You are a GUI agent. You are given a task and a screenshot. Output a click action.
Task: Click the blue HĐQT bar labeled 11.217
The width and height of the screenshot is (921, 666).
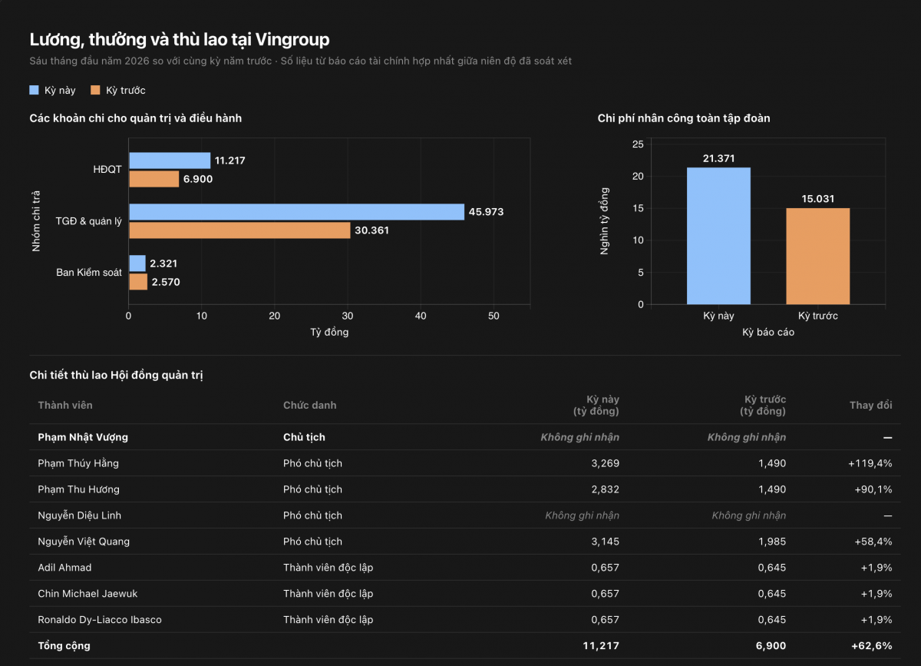(170, 161)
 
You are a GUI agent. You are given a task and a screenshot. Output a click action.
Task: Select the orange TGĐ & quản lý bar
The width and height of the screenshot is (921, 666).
(239, 230)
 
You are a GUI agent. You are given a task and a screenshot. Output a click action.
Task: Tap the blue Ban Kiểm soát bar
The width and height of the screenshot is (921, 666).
(137, 263)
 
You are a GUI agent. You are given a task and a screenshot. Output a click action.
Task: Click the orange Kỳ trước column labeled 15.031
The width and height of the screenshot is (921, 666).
(818, 256)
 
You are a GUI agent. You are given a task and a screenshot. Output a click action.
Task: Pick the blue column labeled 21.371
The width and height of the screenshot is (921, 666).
(718, 236)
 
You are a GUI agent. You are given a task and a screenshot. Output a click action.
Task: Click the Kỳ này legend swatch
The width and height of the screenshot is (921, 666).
(34, 90)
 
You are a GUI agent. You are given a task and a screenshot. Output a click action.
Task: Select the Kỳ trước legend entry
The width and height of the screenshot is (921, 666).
(118, 90)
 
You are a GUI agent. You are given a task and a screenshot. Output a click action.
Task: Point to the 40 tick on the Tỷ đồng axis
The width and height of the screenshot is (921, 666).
(421, 316)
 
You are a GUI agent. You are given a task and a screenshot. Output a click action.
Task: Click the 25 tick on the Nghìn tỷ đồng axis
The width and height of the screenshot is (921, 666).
(638, 144)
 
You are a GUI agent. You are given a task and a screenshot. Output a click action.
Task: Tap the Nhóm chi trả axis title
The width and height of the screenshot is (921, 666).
(36, 221)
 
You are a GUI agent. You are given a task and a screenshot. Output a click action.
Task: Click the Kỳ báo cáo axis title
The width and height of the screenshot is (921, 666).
(768, 332)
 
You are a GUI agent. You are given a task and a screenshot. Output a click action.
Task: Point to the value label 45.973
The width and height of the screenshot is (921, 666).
(486, 212)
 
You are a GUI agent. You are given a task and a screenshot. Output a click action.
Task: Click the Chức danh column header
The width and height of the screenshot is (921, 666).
(309, 405)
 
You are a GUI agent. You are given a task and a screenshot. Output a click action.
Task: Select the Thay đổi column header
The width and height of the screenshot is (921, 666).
(871, 405)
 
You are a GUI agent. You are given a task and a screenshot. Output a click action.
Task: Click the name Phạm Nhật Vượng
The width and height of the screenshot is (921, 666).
(83, 437)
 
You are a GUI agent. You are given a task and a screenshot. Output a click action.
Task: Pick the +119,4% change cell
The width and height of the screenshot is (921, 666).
(870, 463)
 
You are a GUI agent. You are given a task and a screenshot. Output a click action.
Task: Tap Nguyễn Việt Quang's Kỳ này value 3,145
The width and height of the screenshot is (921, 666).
(606, 542)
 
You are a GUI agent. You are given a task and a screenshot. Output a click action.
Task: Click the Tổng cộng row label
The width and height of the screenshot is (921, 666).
(64, 646)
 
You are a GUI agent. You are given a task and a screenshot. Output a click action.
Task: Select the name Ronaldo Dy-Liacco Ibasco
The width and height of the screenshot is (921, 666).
(100, 620)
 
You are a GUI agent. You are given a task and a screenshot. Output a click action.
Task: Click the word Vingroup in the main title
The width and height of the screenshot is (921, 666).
(292, 40)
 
